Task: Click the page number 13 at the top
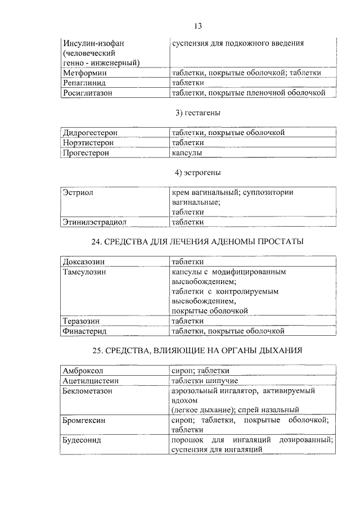[x=197, y=26]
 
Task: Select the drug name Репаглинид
[x=85, y=83]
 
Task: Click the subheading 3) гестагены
[x=197, y=113]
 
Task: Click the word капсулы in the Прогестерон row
[x=187, y=152]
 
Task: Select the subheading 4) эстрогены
[x=197, y=172]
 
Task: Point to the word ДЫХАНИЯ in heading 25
[x=278, y=350]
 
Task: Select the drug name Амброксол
[x=84, y=371]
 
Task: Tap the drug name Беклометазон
[x=88, y=390]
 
